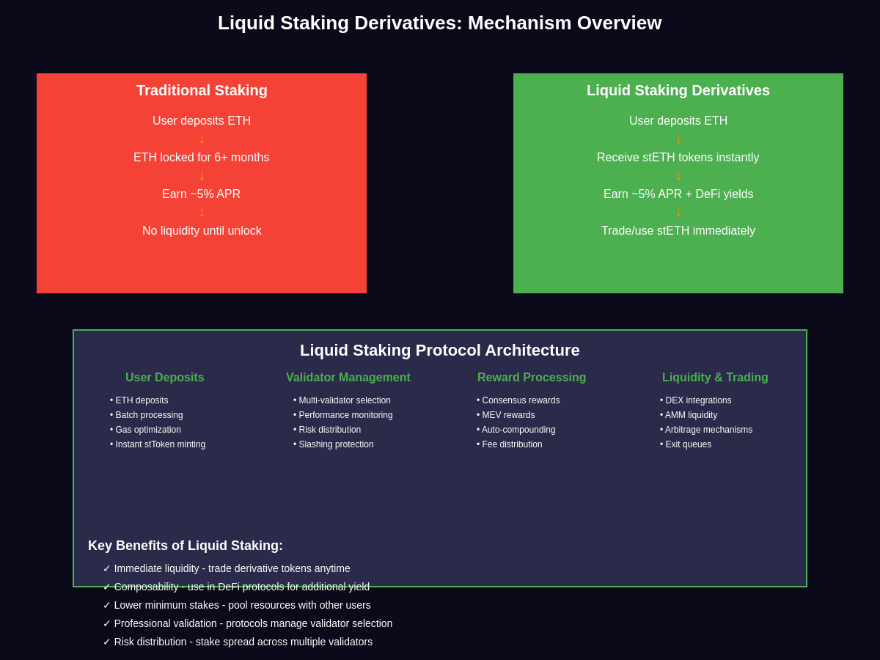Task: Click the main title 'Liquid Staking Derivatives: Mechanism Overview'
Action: pyautogui.click(x=439, y=23)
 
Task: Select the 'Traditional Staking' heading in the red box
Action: pyautogui.click(x=202, y=90)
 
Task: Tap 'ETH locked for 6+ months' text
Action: pyautogui.click(x=202, y=158)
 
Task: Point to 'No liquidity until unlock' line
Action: pyautogui.click(x=202, y=231)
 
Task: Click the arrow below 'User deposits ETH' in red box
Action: pyautogui.click(x=202, y=139)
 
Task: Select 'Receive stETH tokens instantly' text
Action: pyautogui.click(x=678, y=158)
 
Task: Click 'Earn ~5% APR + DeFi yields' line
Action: pyautogui.click(x=678, y=194)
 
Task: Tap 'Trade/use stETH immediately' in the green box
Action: pyautogui.click(x=678, y=231)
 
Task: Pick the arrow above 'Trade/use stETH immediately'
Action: pyautogui.click(x=678, y=213)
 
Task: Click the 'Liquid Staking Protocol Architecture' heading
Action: pyautogui.click(x=439, y=351)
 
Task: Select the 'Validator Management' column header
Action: pyautogui.click(x=348, y=378)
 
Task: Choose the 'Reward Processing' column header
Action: pyautogui.click(x=532, y=378)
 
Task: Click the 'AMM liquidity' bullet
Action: pyautogui.click(x=691, y=415)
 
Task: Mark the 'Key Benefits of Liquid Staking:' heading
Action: pyautogui.click(x=186, y=546)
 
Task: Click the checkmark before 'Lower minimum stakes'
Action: pyautogui.click(x=107, y=605)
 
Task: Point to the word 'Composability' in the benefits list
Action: pyautogui.click(x=147, y=587)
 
